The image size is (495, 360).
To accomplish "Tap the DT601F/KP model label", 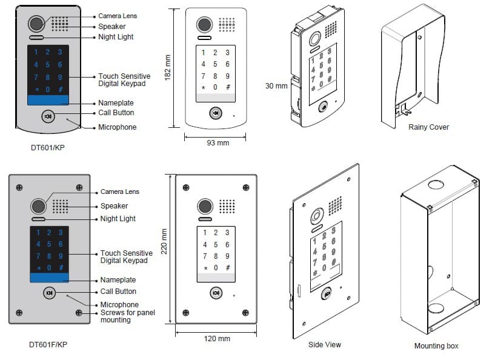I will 48,345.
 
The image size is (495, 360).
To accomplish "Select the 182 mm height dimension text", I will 168,68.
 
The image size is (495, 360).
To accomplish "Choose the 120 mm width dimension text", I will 216,338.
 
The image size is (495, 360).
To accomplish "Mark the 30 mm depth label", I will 276,86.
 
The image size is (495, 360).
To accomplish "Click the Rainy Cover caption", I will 428,127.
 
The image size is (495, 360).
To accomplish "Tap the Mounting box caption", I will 436,346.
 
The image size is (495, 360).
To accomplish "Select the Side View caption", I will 324,344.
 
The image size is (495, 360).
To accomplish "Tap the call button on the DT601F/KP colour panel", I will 50,293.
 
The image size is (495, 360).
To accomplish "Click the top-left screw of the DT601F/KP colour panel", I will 20,187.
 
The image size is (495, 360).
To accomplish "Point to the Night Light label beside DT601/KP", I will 116,37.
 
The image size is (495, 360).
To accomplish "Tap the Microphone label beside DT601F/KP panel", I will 119,305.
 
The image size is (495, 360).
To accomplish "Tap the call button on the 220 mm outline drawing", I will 216,293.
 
